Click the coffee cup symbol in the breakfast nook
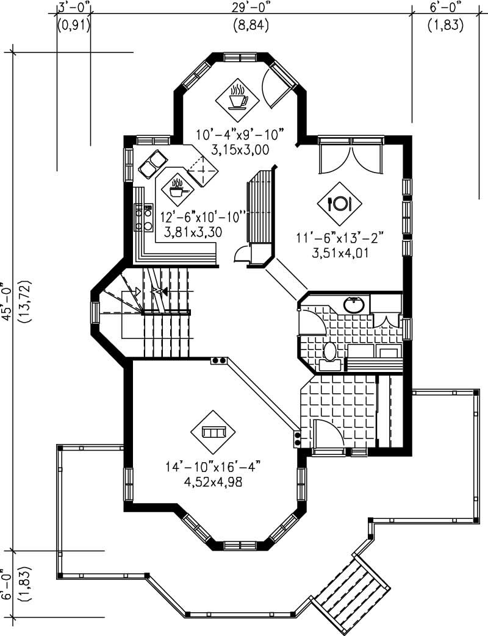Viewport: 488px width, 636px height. [x=237, y=96]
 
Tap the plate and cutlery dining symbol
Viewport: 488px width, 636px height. [x=339, y=202]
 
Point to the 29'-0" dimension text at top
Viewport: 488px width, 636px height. [x=251, y=7]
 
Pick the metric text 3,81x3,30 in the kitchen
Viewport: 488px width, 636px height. [x=191, y=232]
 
